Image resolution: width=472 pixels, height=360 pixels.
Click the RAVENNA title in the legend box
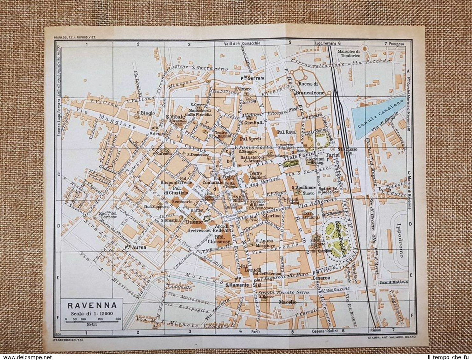click(x=92, y=306)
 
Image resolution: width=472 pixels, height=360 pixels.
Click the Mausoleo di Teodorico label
click(x=349, y=53)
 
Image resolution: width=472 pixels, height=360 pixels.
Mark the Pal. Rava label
click(x=286, y=132)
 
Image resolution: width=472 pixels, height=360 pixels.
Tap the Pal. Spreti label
click(x=250, y=139)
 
